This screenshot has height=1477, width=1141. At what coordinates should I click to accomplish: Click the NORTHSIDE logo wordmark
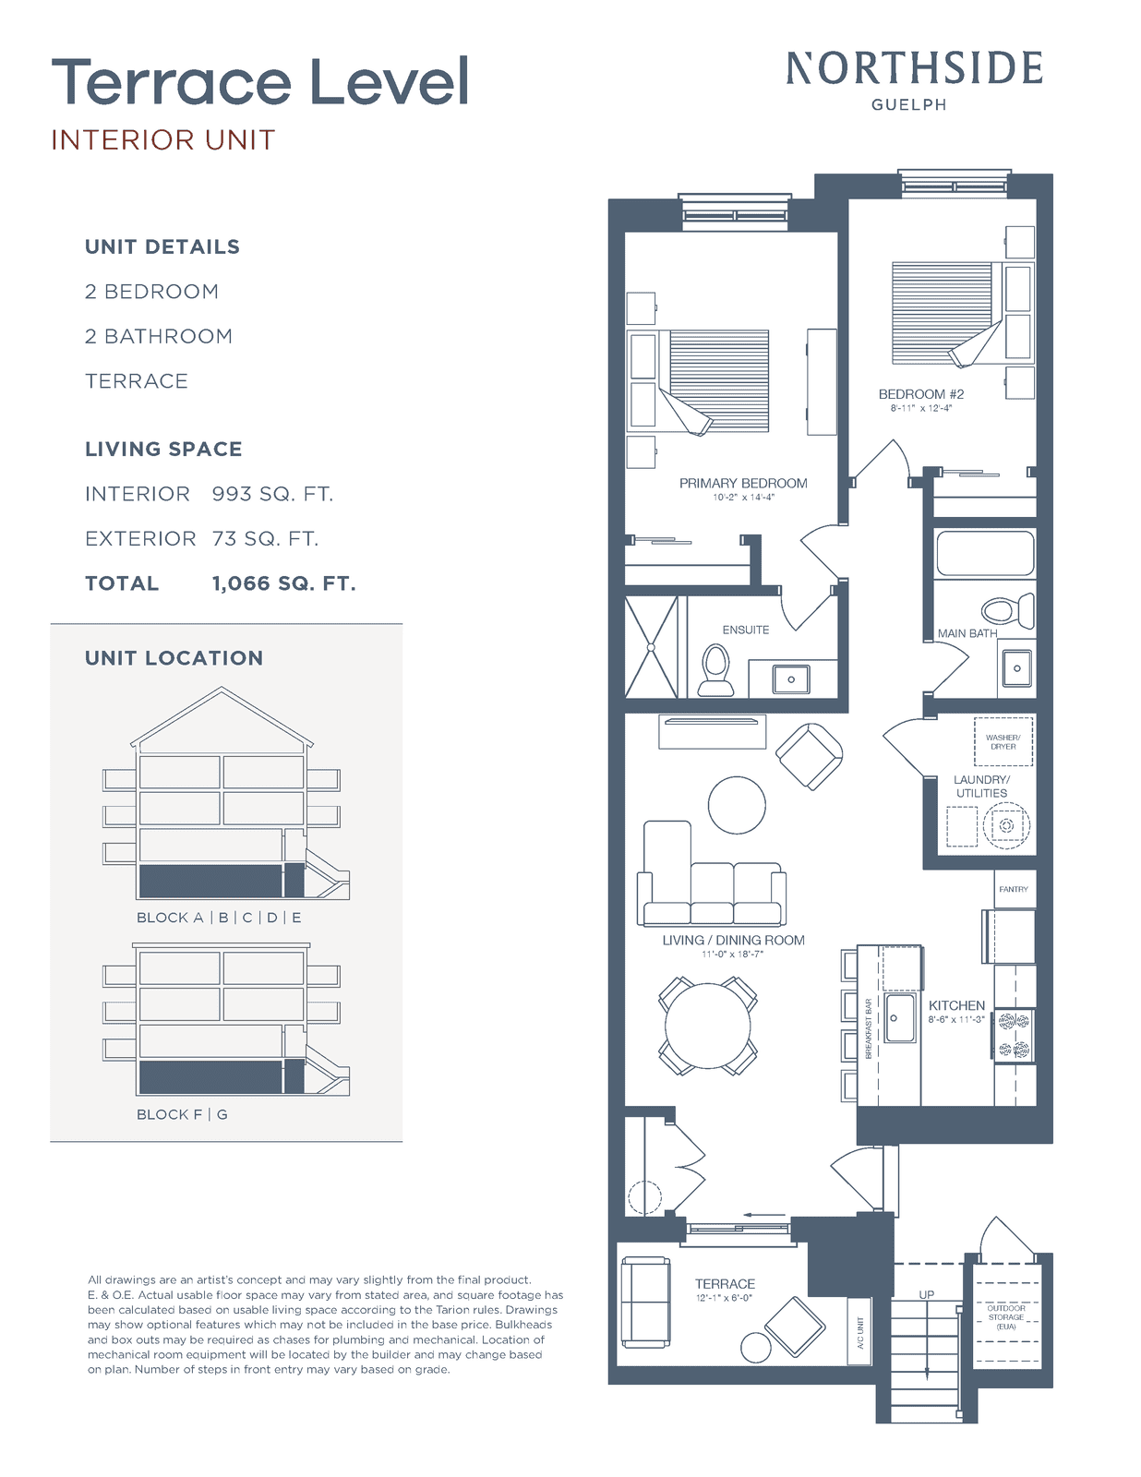(914, 68)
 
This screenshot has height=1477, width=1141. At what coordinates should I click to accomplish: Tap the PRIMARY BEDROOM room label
(743, 484)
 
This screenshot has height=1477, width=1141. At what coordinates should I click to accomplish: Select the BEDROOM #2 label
(920, 394)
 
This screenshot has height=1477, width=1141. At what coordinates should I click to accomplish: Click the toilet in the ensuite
(715, 669)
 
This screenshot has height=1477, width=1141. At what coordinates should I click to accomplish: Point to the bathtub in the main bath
(985, 553)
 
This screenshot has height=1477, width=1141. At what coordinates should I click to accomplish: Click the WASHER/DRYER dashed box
(1003, 741)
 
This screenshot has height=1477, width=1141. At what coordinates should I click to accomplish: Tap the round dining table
(707, 1027)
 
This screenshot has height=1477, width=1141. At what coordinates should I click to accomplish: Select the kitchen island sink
(900, 1017)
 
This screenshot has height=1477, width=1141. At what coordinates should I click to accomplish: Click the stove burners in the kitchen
(1014, 1035)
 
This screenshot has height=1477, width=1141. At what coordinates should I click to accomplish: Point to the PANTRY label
(1014, 889)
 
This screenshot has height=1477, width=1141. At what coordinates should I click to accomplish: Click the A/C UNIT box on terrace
(859, 1333)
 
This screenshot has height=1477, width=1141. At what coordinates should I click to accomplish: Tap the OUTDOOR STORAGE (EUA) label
(1006, 1317)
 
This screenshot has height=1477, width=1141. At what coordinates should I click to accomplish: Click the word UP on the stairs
(926, 1295)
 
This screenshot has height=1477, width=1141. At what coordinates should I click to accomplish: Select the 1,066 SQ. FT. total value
(284, 583)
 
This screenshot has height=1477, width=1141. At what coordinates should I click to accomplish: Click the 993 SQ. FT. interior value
(272, 494)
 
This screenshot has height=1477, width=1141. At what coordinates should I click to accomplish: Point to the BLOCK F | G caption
(182, 1114)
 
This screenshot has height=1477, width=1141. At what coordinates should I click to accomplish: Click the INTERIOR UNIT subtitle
(163, 140)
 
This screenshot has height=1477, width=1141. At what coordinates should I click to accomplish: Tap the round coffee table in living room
(737, 805)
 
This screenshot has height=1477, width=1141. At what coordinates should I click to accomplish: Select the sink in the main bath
(1016, 668)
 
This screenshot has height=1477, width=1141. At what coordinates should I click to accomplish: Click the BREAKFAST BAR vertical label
(868, 1028)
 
